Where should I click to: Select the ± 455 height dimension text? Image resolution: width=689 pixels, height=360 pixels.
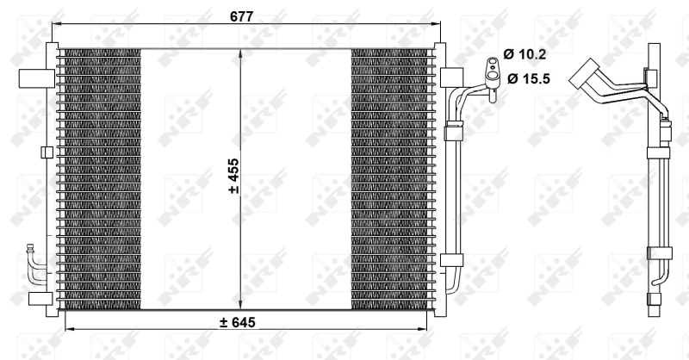[x=233, y=178]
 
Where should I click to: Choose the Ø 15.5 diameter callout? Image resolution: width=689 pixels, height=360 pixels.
[x=526, y=79]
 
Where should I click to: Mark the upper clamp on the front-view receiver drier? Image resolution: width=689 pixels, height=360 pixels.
[x=452, y=132]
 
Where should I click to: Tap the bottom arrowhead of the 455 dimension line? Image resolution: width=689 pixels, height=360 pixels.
[x=239, y=306]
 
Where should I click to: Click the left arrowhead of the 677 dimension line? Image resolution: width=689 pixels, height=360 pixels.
[x=56, y=24]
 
